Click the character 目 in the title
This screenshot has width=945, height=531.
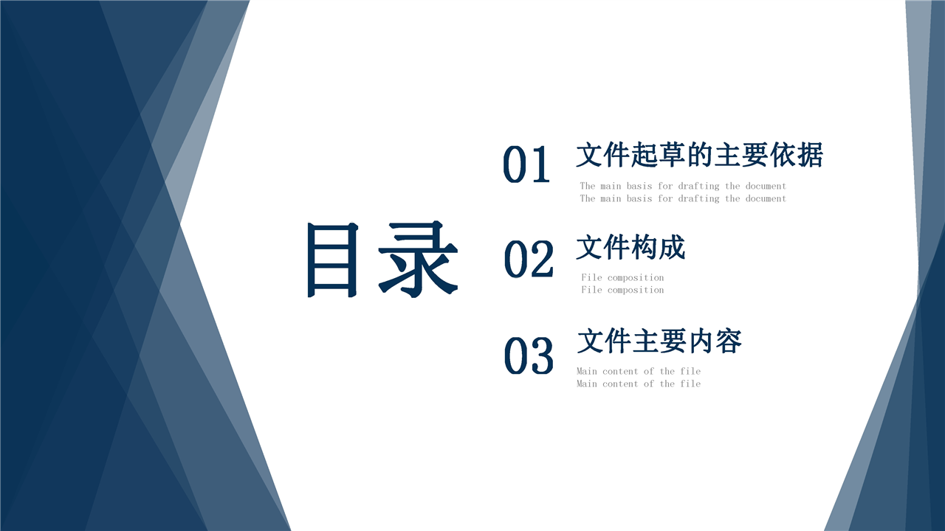[x=333, y=260]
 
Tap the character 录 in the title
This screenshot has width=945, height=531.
[x=418, y=259]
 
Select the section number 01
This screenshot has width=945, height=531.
[x=526, y=164]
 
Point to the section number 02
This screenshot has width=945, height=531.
[x=529, y=259]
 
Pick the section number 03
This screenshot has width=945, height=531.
[x=529, y=355]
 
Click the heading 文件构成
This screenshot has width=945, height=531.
[x=630, y=247]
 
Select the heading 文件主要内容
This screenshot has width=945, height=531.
[x=659, y=341]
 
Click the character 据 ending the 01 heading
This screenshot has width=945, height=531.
[x=810, y=155]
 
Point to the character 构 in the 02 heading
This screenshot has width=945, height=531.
[x=645, y=247]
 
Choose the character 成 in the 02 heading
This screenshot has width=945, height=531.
[x=672, y=247]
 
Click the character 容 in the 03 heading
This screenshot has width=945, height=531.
[x=728, y=341]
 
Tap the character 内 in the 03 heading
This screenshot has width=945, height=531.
[x=701, y=341]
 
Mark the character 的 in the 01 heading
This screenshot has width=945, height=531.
[x=700, y=155]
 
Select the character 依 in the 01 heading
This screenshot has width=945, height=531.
[x=783, y=155]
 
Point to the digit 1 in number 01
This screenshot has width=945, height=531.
[x=540, y=164]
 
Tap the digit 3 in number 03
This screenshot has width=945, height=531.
[x=542, y=355]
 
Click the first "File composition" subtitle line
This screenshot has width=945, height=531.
[x=622, y=278]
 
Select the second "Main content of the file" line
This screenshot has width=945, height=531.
[x=639, y=384]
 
